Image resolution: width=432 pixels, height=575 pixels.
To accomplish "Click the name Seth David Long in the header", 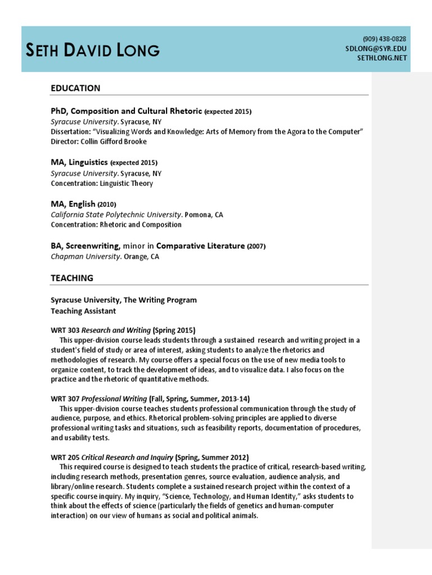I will point(93,51).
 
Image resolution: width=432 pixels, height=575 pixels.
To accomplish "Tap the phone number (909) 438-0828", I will point(384,39).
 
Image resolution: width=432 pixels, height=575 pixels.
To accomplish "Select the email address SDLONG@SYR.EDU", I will point(376,49).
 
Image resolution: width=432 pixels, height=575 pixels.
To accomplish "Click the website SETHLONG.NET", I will point(381,58).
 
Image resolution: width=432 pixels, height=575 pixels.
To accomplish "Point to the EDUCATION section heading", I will point(75,88).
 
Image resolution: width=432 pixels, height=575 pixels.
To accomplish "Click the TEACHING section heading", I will point(72,278).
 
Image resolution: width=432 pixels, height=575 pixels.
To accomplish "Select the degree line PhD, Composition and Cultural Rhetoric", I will point(127,111).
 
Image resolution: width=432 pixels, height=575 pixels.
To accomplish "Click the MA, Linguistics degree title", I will point(79,162).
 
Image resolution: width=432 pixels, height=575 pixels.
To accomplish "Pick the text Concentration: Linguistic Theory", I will point(102,183).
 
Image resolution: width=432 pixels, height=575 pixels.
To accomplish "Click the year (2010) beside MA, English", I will point(107,204).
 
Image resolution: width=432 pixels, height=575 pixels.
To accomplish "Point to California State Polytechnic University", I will point(116,215).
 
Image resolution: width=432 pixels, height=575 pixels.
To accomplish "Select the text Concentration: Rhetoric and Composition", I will point(116,225).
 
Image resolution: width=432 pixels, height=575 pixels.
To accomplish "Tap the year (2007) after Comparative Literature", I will point(256,246).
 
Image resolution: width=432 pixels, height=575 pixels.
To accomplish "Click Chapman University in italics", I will point(85,257).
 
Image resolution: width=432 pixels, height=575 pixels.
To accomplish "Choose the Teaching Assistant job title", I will point(83,311).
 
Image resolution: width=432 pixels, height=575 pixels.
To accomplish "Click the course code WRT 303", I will point(65,330).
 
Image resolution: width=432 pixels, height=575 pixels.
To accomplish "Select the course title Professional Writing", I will point(115,399).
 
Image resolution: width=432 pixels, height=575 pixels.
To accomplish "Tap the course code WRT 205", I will point(65,457).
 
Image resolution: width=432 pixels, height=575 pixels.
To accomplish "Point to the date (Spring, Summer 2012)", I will point(212,457).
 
